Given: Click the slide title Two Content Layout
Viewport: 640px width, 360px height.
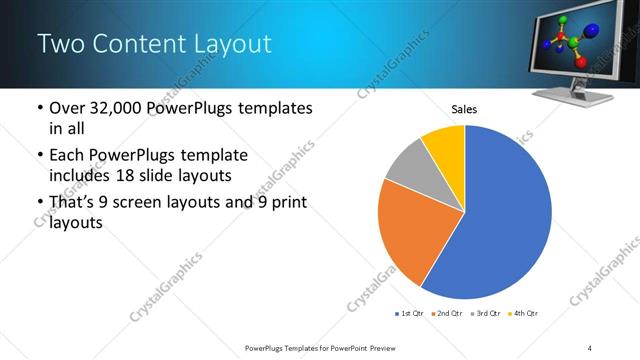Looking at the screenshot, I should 154,44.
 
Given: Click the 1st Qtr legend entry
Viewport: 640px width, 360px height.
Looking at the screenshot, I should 409,314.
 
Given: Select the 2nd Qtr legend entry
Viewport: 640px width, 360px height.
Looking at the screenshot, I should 446,314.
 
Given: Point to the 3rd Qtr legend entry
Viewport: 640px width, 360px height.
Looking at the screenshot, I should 484,314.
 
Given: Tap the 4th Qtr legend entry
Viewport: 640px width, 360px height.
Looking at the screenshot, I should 521,314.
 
